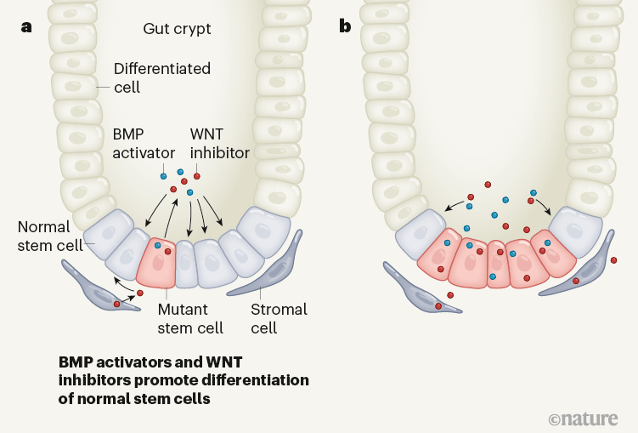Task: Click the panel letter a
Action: [27, 26]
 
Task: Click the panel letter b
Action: [345, 26]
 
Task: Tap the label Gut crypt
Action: [177, 29]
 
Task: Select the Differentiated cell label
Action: [161, 77]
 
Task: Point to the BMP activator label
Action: [144, 144]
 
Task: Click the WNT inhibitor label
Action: [219, 144]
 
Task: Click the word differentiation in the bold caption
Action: [256, 379]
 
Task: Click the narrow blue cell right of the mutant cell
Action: [185, 266]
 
